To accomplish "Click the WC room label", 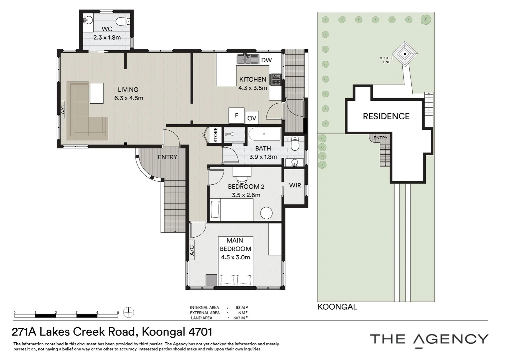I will (107, 29).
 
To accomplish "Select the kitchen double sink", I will (248, 59).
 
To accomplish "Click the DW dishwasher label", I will (266, 60).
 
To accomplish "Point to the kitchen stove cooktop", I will (276, 80).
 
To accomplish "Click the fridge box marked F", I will (237, 115).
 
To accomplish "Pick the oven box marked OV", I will (252, 118).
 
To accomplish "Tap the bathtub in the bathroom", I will (264, 134).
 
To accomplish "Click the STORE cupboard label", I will (215, 135).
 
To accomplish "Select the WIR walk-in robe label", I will (295, 185).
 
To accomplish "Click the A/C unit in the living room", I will (62, 110).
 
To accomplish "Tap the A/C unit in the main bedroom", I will (192, 250).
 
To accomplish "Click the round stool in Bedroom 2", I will (266, 213).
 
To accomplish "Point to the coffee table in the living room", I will (97, 93).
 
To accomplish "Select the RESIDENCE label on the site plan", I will (386, 116).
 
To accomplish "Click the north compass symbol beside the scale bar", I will (129, 313).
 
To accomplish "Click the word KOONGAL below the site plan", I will (337, 307).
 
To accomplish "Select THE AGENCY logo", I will (429, 339).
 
